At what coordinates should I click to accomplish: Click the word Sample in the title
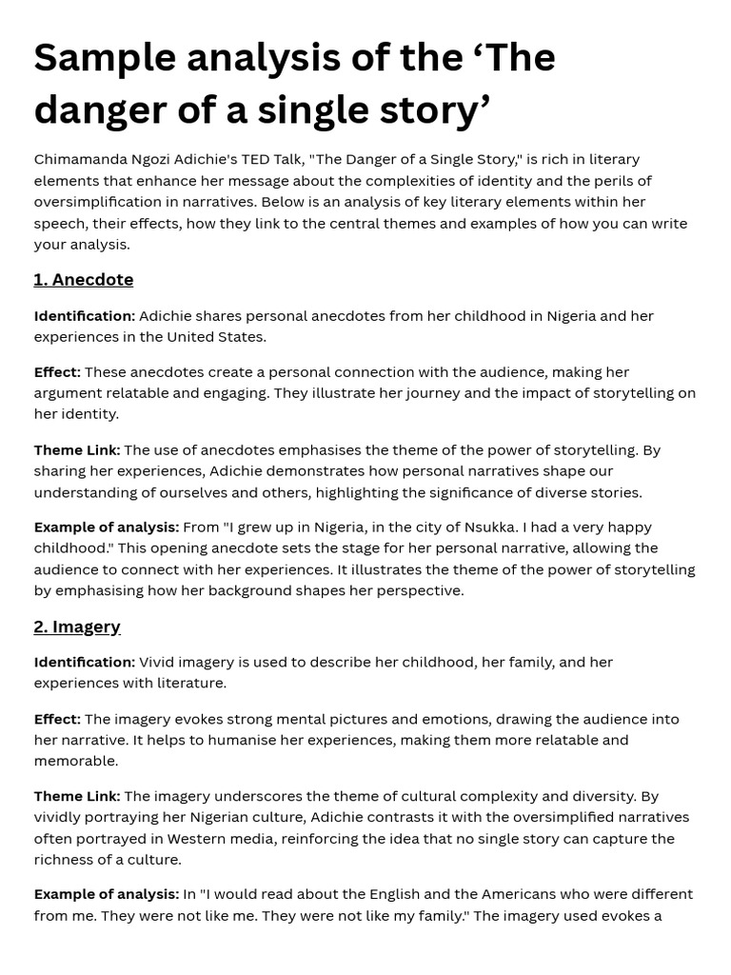pyautogui.click(x=104, y=59)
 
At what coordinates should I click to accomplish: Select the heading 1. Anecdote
pyautogui.click(x=84, y=280)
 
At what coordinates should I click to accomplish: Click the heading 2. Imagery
pyautogui.click(x=77, y=627)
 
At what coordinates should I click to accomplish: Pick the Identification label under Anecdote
pyautogui.click(x=85, y=316)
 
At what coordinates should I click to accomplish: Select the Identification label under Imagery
pyautogui.click(x=85, y=663)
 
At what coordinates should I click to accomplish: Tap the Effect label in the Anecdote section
pyautogui.click(x=57, y=372)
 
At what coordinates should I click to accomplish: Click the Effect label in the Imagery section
pyautogui.click(x=57, y=720)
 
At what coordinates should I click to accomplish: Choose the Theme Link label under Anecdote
pyautogui.click(x=77, y=450)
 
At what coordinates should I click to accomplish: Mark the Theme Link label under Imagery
pyautogui.click(x=77, y=796)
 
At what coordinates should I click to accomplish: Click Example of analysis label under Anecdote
pyautogui.click(x=107, y=527)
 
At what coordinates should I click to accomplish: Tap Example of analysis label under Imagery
pyautogui.click(x=107, y=895)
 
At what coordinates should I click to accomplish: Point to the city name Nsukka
pyautogui.click(x=491, y=527)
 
